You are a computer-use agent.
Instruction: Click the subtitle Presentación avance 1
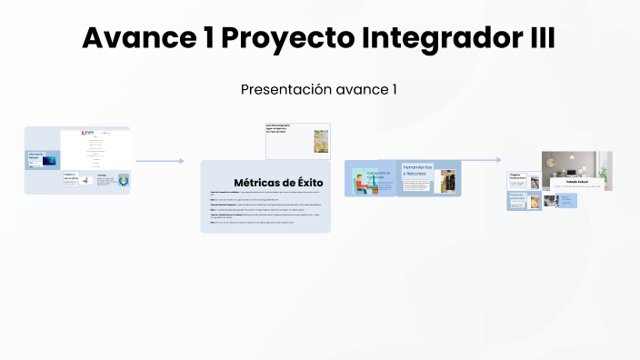click(319, 89)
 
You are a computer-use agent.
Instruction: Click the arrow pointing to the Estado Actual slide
click(481, 160)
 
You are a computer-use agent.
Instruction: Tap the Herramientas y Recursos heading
click(417, 169)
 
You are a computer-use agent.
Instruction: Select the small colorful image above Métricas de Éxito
click(320, 140)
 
